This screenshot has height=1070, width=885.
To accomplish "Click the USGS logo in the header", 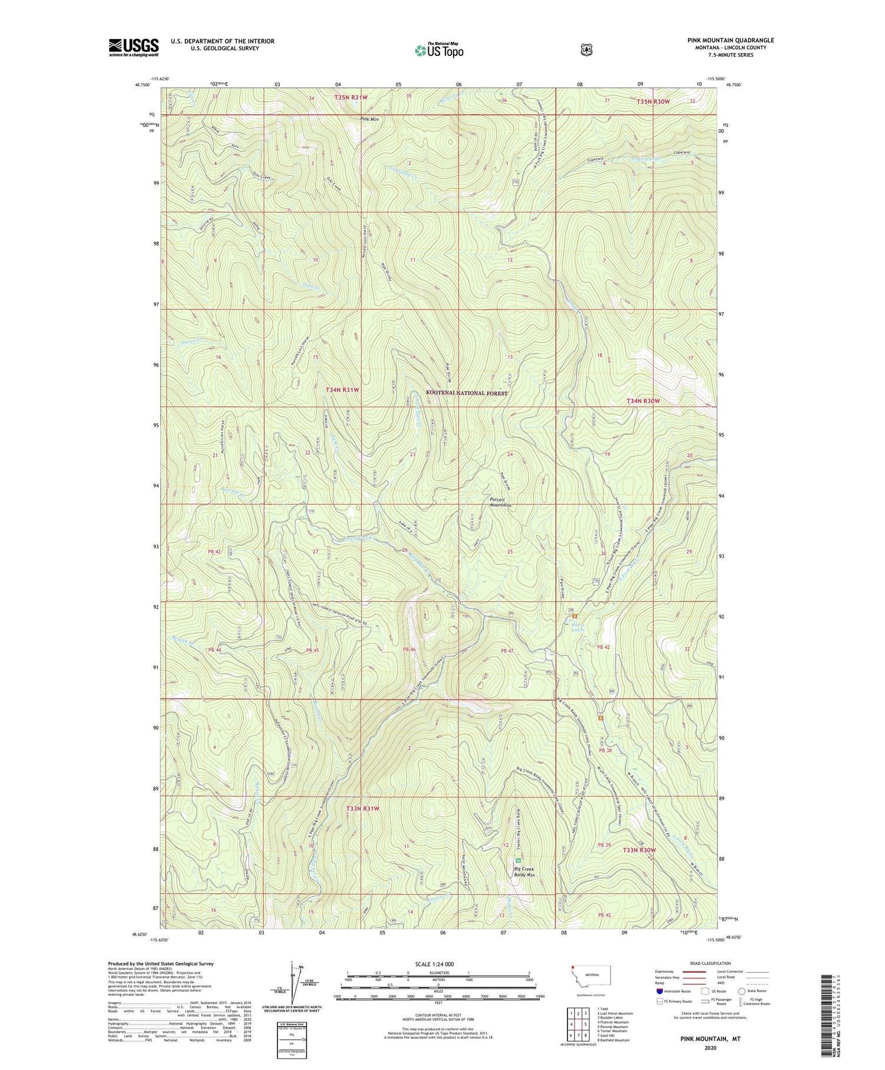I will [x=134, y=47].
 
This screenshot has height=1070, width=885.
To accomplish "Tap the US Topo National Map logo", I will [x=439, y=50].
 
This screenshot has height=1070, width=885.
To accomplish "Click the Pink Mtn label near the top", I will [x=370, y=119].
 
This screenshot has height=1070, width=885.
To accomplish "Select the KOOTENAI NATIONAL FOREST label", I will [x=467, y=392].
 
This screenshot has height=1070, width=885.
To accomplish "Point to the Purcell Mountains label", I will [x=500, y=502].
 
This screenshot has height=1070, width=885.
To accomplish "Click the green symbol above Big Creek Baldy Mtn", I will [x=519, y=860].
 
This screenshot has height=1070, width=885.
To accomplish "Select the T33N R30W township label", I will [x=639, y=850].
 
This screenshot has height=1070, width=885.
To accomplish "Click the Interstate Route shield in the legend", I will [x=660, y=991].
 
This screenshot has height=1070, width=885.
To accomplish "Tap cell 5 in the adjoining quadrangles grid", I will [x=585, y=1024].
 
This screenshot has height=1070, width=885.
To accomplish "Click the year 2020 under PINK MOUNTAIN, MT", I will [x=710, y=1048].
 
